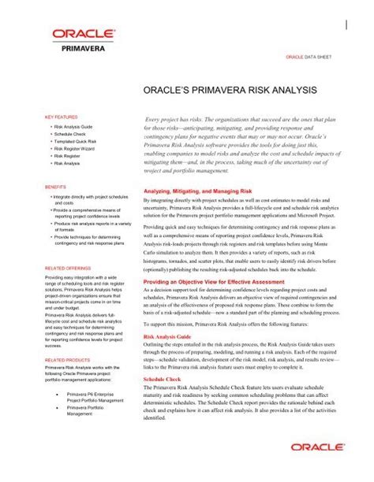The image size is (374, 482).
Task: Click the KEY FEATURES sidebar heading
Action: [62, 115]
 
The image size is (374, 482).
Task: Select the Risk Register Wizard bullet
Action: [78, 149]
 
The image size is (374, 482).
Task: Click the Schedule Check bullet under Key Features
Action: [72, 134]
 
